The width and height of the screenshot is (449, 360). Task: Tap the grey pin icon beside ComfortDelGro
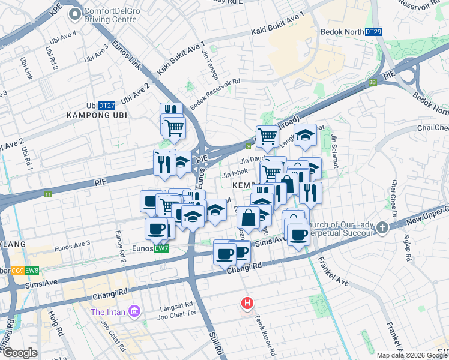coord(75,14)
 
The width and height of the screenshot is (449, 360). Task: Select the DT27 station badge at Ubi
coord(107,104)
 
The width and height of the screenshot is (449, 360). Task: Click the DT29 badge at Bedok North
coord(373,31)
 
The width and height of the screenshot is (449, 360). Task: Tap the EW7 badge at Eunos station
coord(161,248)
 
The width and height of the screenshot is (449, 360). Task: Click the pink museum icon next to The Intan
coord(135,311)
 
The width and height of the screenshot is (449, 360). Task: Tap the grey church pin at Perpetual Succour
coord(382,227)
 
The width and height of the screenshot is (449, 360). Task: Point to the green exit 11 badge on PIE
coord(47,194)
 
